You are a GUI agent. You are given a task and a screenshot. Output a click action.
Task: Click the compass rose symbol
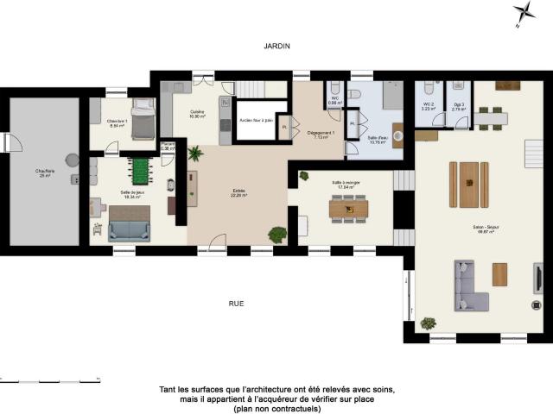[524, 12]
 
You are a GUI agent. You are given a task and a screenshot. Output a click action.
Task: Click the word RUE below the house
[236, 304]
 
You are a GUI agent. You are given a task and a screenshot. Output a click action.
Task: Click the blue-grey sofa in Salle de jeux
[130, 230]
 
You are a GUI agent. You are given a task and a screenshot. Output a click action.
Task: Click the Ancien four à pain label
[257, 121]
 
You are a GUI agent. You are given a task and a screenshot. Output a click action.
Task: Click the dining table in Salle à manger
[349, 208]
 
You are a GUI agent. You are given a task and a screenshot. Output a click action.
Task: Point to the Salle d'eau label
[378, 140]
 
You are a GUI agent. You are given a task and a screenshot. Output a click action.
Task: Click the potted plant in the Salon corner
[428, 323]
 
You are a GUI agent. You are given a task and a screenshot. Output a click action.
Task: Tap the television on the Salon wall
[537, 278]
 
